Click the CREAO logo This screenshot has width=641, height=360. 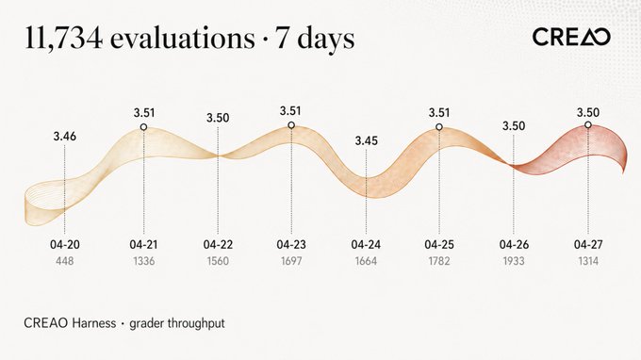coord(571,37)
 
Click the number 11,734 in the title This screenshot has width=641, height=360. coord(63,38)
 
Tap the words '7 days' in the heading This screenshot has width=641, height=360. coord(315,40)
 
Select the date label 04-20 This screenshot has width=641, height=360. coord(65,245)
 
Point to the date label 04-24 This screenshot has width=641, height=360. coord(366,245)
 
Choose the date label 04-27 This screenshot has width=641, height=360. coord(588,245)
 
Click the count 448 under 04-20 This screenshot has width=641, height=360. coord(65,261)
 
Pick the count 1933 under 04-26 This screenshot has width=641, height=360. coord(514,261)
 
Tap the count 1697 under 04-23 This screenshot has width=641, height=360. coord(291,261)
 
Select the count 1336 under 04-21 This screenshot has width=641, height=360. coord(144,261)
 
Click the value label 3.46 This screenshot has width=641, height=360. coord(65,137)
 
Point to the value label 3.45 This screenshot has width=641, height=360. coord(367,141)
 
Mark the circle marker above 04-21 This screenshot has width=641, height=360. coord(143,127)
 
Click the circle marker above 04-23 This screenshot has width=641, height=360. coord(291,125)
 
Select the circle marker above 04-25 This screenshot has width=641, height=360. coord(439,127)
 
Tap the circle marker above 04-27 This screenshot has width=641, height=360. coord(588,124)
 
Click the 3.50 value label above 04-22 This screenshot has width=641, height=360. coord(218,118)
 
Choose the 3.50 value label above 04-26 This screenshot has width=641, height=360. coord(514,126)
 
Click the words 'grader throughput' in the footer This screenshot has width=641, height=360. coord(177,323)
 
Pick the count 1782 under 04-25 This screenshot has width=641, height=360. coord(439,261)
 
